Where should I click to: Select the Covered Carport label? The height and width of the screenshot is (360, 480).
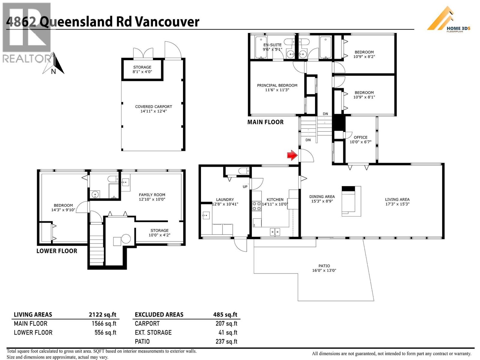[x=154, y=109]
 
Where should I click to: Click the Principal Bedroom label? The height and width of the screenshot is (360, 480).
[x=277, y=87]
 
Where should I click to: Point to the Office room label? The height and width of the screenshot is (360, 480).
[x=360, y=139]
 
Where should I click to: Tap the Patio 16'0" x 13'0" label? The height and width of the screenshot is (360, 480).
[x=324, y=268]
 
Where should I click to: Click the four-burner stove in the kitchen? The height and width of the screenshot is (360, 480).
[x=256, y=206]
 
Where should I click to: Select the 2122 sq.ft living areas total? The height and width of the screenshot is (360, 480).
[x=102, y=315]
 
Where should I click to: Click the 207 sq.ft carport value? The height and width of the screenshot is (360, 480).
[x=226, y=324]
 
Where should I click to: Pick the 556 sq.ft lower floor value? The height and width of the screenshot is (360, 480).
[x=105, y=333]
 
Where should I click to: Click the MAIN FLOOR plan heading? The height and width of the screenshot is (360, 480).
[x=265, y=122]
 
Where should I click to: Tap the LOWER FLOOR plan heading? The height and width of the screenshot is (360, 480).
[x=57, y=251]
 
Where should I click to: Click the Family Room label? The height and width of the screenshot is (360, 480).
[x=152, y=197]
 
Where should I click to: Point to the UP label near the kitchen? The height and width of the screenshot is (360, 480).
[x=245, y=187]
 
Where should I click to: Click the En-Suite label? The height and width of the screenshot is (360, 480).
[x=272, y=47]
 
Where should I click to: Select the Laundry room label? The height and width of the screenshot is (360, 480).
[x=225, y=202]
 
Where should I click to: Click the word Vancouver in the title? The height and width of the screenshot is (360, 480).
[x=167, y=22]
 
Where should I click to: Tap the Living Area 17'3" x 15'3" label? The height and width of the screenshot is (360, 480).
[x=397, y=202]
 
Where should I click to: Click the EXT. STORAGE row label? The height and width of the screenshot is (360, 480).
[x=153, y=333]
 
